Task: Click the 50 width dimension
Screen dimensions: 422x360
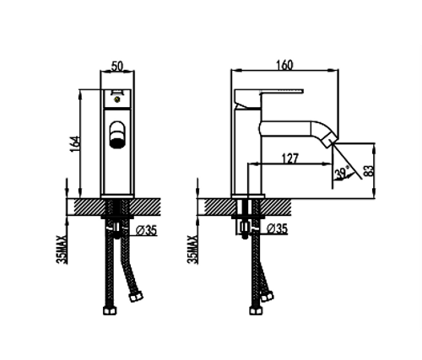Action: [117, 67]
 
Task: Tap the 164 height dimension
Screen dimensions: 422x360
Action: [75, 144]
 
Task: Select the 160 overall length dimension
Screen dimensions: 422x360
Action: [284, 65]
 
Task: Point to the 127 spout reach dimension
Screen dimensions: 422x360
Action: [289, 159]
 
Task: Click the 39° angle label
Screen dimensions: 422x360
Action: [342, 172]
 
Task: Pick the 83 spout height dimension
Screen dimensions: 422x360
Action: [369, 170]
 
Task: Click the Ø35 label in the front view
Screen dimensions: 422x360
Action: [146, 231]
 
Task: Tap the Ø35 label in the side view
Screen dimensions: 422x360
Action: [277, 228]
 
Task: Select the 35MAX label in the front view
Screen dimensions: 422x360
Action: [62, 250]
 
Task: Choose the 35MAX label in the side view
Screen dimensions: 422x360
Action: [192, 250]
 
